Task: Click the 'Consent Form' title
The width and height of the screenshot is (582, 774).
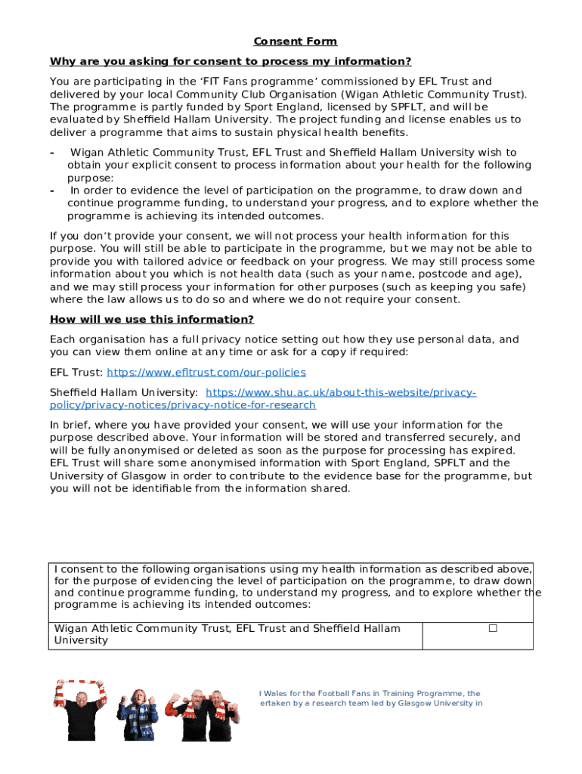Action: click(x=295, y=42)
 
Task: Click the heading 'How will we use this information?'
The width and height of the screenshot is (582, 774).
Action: click(x=151, y=319)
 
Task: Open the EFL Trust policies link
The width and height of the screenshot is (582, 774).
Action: click(x=206, y=373)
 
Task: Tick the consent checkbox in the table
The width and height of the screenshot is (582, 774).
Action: click(x=493, y=628)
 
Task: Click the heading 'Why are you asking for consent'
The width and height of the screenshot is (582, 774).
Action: click(x=230, y=61)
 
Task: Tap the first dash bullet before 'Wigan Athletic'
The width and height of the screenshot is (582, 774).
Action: click(x=52, y=153)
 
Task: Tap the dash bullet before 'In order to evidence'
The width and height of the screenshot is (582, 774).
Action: click(x=52, y=190)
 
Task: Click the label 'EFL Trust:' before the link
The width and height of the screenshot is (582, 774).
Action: click(x=76, y=373)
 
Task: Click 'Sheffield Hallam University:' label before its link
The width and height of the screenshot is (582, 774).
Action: click(x=124, y=393)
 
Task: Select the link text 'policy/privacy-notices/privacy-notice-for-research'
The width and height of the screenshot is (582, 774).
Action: click(x=182, y=405)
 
